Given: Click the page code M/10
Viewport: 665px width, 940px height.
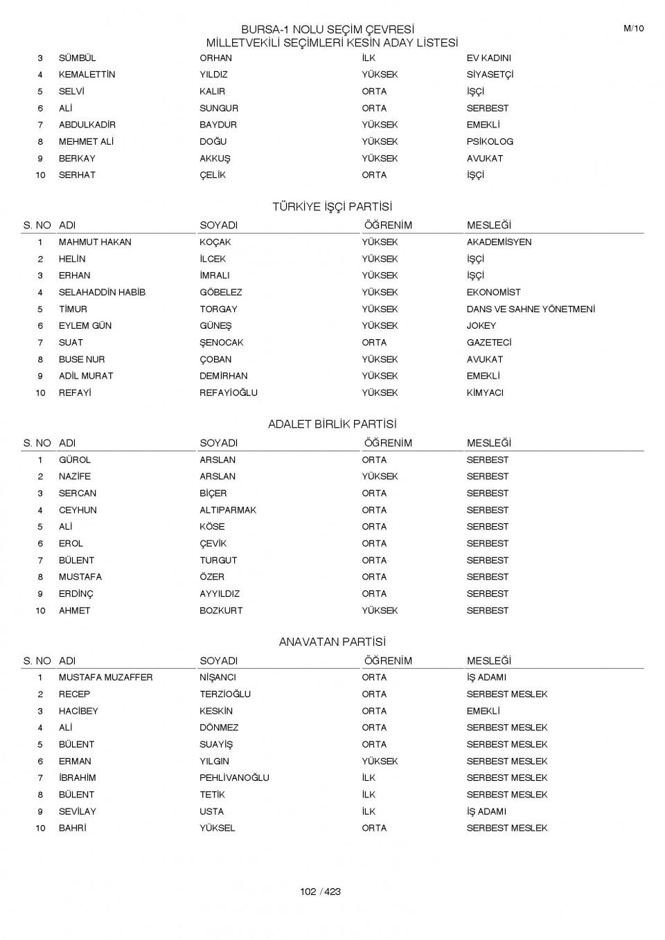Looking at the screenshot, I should (x=633, y=28).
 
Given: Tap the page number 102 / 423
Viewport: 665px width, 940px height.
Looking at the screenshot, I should (x=320, y=892).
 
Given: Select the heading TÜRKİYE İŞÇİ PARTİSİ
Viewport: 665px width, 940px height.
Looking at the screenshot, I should (x=332, y=207).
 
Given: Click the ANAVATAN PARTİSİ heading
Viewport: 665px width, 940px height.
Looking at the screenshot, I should (x=332, y=642).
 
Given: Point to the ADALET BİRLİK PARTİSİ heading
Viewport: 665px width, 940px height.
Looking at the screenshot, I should (x=332, y=424).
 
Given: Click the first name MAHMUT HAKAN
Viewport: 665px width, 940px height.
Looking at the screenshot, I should (x=95, y=242).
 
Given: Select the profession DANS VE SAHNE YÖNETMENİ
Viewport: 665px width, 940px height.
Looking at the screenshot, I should (x=531, y=309).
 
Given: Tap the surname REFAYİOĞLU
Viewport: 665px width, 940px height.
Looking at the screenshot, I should (x=229, y=393).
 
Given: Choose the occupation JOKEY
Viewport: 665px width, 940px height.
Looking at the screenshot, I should (x=481, y=326).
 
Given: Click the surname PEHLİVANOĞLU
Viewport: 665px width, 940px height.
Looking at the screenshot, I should (x=234, y=778).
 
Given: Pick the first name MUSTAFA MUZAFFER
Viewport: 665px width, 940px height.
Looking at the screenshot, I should (x=105, y=678).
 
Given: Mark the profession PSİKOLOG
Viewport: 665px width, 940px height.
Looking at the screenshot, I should (x=490, y=142).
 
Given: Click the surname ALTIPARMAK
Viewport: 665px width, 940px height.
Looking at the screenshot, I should (x=228, y=510).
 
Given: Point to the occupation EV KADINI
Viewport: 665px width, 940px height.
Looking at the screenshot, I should (x=488, y=58).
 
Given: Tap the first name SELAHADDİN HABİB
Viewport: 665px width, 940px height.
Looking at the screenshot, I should (x=102, y=293).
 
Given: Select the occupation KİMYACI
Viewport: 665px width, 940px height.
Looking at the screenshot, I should (x=485, y=393).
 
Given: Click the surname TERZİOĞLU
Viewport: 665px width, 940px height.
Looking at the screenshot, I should (x=225, y=694).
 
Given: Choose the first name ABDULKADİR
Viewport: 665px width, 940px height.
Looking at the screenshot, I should (x=87, y=125).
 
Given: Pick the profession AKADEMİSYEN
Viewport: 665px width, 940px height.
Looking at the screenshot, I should (x=499, y=242).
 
